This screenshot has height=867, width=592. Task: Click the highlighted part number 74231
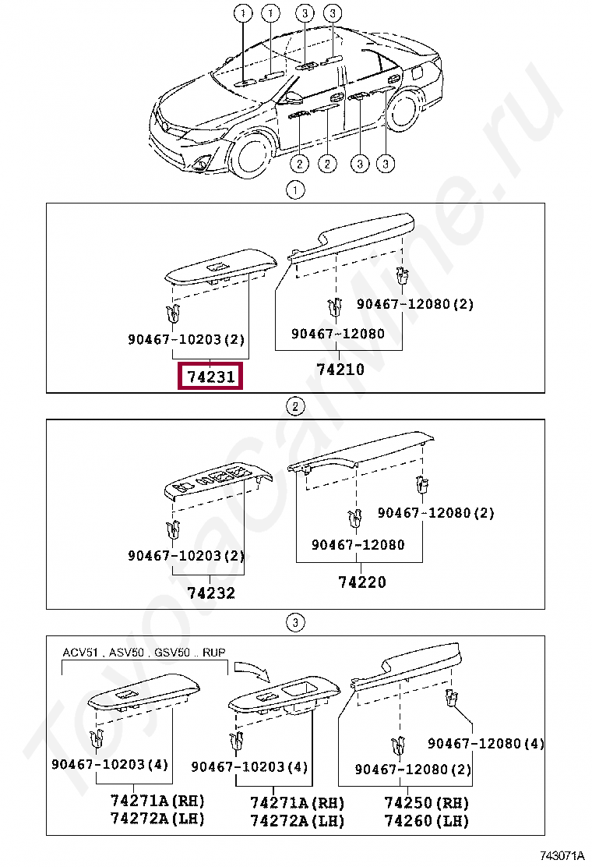click(x=210, y=377)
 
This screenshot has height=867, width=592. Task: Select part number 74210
click(x=340, y=370)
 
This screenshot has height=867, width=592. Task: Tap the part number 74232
click(x=211, y=593)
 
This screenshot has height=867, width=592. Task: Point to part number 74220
click(x=361, y=582)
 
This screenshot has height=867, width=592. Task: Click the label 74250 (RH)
click(x=426, y=803)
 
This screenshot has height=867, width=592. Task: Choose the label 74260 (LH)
click(x=426, y=821)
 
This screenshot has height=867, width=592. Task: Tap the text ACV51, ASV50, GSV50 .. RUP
click(x=144, y=653)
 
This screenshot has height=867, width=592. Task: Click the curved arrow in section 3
click(x=252, y=670)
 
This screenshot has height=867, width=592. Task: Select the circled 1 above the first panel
click(x=295, y=191)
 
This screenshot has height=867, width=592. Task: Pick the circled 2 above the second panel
click(x=295, y=407)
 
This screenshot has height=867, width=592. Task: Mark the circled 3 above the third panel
click(x=295, y=623)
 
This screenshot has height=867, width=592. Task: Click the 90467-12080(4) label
click(x=486, y=744)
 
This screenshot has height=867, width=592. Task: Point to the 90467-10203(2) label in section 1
click(x=186, y=339)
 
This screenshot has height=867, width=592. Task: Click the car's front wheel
click(x=253, y=156)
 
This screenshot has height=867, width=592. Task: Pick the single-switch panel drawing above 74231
click(x=221, y=267)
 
